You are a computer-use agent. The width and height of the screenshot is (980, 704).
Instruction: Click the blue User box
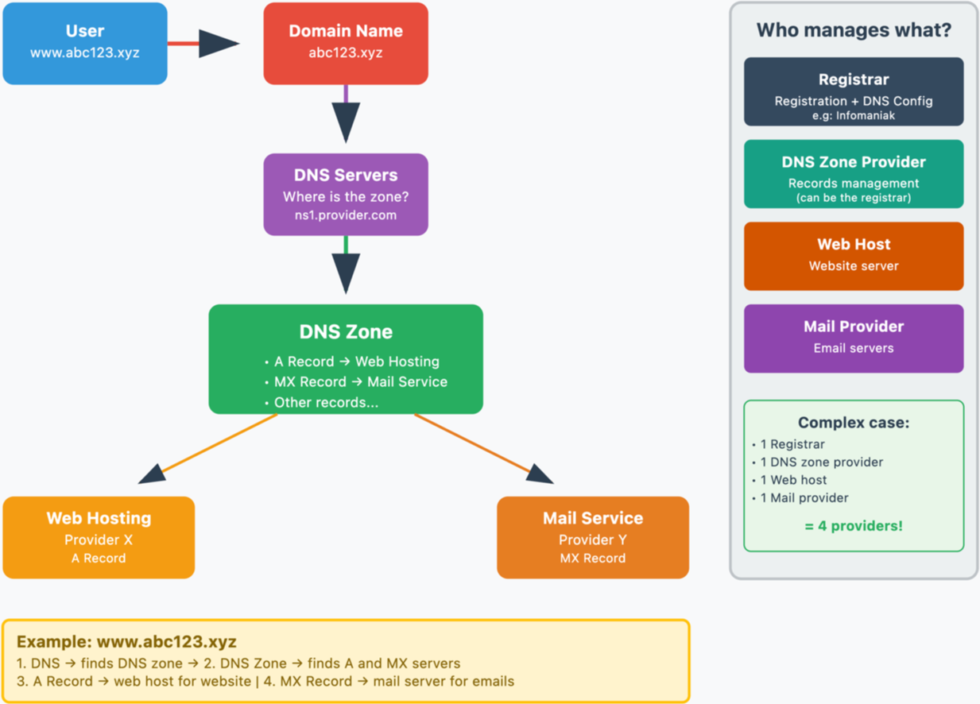click(85, 43)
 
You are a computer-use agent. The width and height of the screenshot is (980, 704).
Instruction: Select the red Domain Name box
click(346, 43)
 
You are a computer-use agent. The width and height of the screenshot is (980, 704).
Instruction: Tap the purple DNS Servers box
click(346, 194)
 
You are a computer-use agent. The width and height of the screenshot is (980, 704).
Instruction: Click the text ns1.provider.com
click(346, 215)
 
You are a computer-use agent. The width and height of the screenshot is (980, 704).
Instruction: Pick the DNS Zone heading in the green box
click(346, 332)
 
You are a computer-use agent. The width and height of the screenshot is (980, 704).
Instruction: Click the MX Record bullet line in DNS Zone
click(356, 381)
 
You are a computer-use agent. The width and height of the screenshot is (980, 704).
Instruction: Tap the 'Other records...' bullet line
click(322, 402)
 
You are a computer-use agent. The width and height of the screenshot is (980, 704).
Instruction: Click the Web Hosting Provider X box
click(99, 537)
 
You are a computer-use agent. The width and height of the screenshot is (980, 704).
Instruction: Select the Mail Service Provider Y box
click(593, 537)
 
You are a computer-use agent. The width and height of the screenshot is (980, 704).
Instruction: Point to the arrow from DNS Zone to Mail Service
click(484, 449)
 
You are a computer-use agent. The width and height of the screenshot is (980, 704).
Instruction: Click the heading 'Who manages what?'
click(854, 30)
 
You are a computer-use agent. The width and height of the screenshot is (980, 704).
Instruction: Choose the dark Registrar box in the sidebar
click(854, 91)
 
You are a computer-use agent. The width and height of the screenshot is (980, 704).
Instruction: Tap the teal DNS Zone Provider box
click(854, 174)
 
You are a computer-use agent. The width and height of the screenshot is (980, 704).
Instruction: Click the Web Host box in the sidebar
click(854, 256)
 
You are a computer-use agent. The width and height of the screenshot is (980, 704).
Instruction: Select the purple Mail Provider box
click(854, 338)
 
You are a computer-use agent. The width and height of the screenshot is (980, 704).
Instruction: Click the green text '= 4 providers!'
click(854, 525)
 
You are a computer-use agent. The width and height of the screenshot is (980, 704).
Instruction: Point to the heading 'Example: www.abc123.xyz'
click(126, 641)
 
